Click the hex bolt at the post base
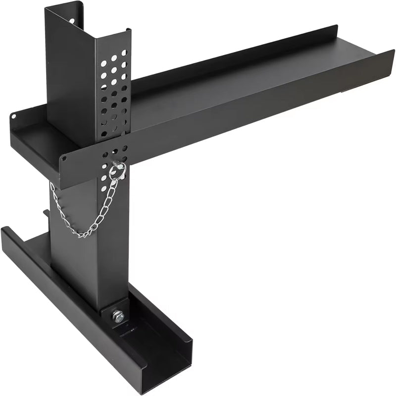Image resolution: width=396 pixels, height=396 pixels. coord(118,316)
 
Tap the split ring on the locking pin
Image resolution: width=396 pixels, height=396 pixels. coord(117,171)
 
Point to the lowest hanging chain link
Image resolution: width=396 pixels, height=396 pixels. coord(81,235)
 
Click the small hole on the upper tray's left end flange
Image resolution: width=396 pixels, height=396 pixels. coord(13,116)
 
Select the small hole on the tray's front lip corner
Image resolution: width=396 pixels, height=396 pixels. coord(63,159)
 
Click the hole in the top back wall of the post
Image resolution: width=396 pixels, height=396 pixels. coord(72,21)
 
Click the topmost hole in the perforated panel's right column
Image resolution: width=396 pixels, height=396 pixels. coord(124,52)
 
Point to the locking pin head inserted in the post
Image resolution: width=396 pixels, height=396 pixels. coord(119,166)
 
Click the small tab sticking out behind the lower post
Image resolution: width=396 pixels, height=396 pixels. coord(46,213)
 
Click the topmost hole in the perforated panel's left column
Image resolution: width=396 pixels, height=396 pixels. coord(103,63)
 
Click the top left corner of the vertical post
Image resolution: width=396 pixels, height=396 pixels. coord(46,8)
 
